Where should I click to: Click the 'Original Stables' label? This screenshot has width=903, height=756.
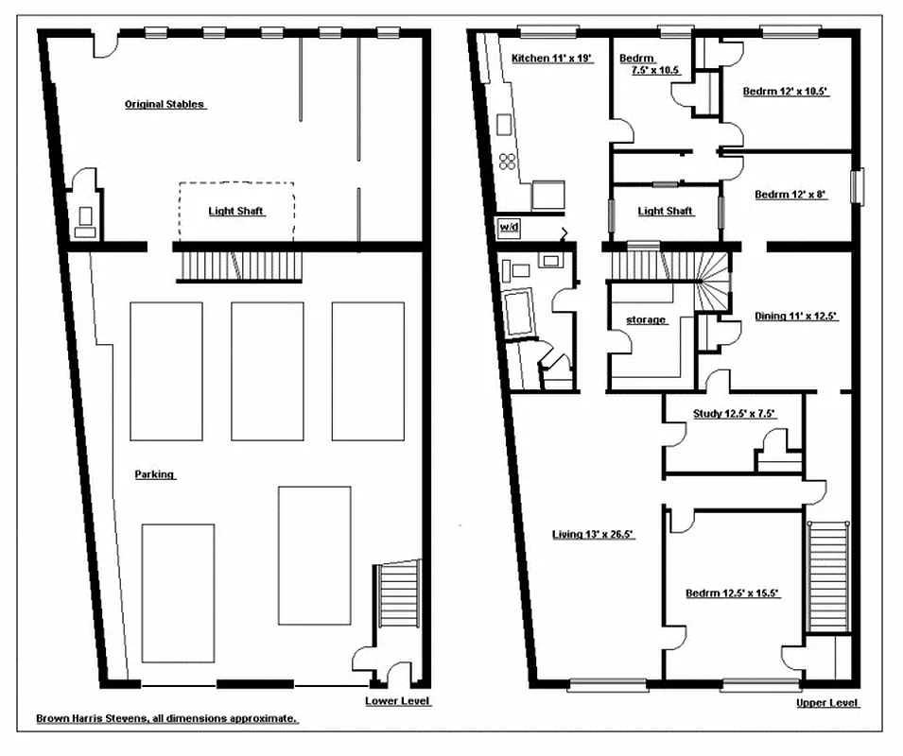pos(165,104)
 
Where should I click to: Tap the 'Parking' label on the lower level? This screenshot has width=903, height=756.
pos(153,474)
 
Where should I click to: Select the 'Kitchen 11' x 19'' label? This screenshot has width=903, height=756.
pos(551,59)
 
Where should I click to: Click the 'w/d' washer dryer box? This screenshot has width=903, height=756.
pos(508,227)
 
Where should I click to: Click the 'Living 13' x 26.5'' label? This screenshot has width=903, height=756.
pos(593,535)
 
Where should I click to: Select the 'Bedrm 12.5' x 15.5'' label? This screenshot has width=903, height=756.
pos(733,593)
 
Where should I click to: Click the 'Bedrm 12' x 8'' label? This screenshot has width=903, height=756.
pos(790,195)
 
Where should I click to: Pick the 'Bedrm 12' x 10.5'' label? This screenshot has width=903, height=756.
pos(785,92)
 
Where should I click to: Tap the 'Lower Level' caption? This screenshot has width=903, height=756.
pos(398,701)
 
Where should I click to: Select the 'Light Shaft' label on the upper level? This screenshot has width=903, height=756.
pos(665,211)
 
